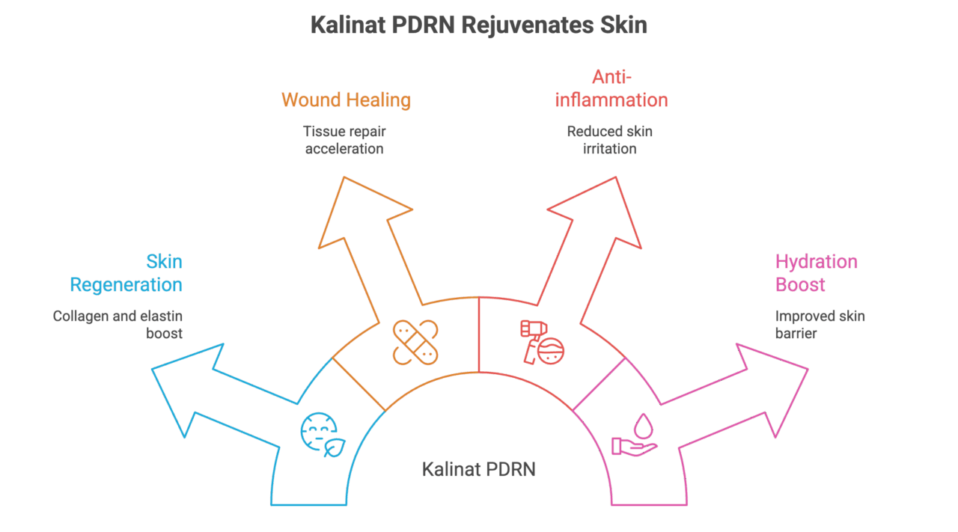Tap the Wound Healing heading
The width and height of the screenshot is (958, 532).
(346, 100)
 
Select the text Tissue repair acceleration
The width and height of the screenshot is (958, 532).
(344, 140)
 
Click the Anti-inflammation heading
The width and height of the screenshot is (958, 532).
(611, 88)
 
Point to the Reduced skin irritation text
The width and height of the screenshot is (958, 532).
(609, 140)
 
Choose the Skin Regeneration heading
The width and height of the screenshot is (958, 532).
(126, 273)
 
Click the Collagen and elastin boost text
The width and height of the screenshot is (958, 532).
(118, 325)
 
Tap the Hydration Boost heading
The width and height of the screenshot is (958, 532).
(816, 273)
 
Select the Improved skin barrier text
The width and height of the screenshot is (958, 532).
(820, 325)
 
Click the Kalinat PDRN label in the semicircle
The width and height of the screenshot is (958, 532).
(478, 469)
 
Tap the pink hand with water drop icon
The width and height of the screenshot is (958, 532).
(635, 436)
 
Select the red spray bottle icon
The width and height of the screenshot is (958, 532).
(541, 343)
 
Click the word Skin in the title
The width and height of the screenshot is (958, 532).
(623, 25)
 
